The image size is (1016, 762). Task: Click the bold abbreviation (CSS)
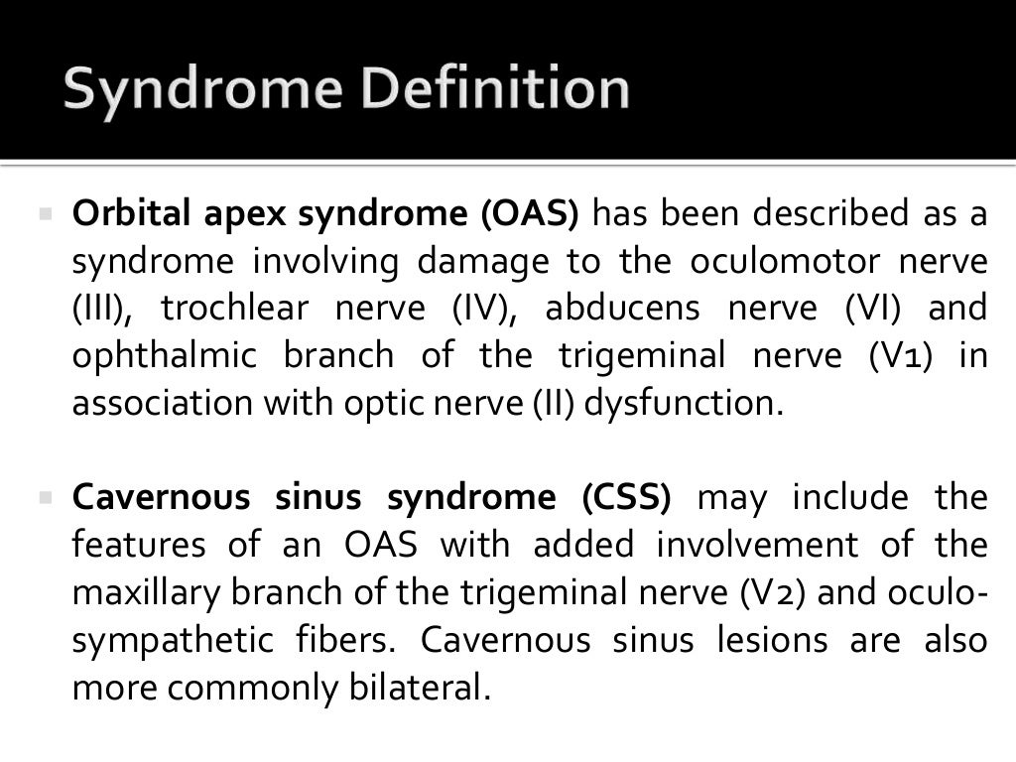pos(626,497)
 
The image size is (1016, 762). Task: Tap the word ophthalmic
pos(164,356)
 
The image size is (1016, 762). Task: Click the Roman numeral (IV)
pos(480,309)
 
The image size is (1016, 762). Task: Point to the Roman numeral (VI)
pos(872,309)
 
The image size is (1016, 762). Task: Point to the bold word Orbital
pos(134,213)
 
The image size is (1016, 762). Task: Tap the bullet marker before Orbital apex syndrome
pos(45,213)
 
